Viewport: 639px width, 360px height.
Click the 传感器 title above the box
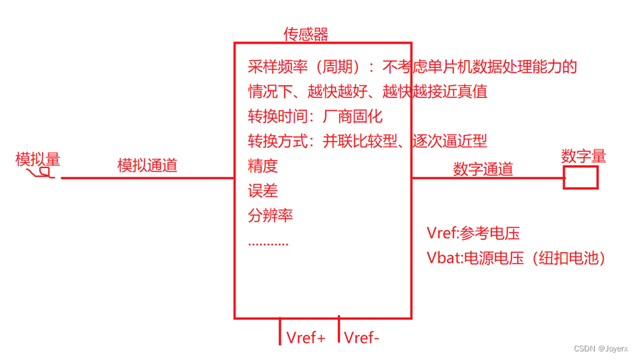(x=306, y=34)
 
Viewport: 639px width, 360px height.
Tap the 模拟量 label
(x=38, y=159)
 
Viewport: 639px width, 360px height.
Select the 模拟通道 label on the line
(x=147, y=165)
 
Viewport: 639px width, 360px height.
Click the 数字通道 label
(x=483, y=169)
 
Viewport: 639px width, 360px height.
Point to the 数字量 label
(x=583, y=156)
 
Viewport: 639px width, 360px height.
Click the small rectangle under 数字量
(x=580, y=177)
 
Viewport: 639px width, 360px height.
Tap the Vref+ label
(x=306, y=337)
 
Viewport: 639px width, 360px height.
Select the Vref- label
(x=362, y=337)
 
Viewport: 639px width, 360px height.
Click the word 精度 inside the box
(x=262, y=166)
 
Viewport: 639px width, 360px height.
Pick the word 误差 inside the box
(x=262, y=191)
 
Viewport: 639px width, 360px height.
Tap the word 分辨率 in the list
(x=270, y=215)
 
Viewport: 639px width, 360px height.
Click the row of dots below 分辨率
(x=268, y=242)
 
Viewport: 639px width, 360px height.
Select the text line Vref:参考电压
(x=473, y=233)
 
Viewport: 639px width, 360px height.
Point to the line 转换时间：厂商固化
(x=315, y=116)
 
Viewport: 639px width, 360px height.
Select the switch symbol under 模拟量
(x=40, y=172)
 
